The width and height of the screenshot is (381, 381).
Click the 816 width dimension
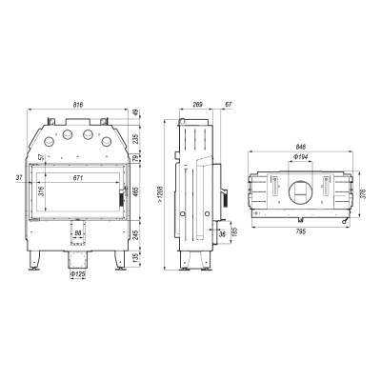[x=78, y=105]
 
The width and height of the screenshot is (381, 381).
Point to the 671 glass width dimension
[x=78, y=178]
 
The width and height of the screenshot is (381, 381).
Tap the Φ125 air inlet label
[x=77, y=274]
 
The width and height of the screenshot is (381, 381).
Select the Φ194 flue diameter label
[x=300, y=156]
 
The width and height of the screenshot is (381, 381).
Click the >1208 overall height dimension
[x=160, y=195]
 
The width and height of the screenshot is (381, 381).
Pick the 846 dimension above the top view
[x=300, y=147]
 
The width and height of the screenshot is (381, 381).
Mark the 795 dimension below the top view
[x=300, y=231]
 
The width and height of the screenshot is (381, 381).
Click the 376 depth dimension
[x=364, y=194]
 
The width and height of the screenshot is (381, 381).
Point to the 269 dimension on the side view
[x=197, y=105]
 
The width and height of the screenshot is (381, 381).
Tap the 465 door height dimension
[x=135, y=192]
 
